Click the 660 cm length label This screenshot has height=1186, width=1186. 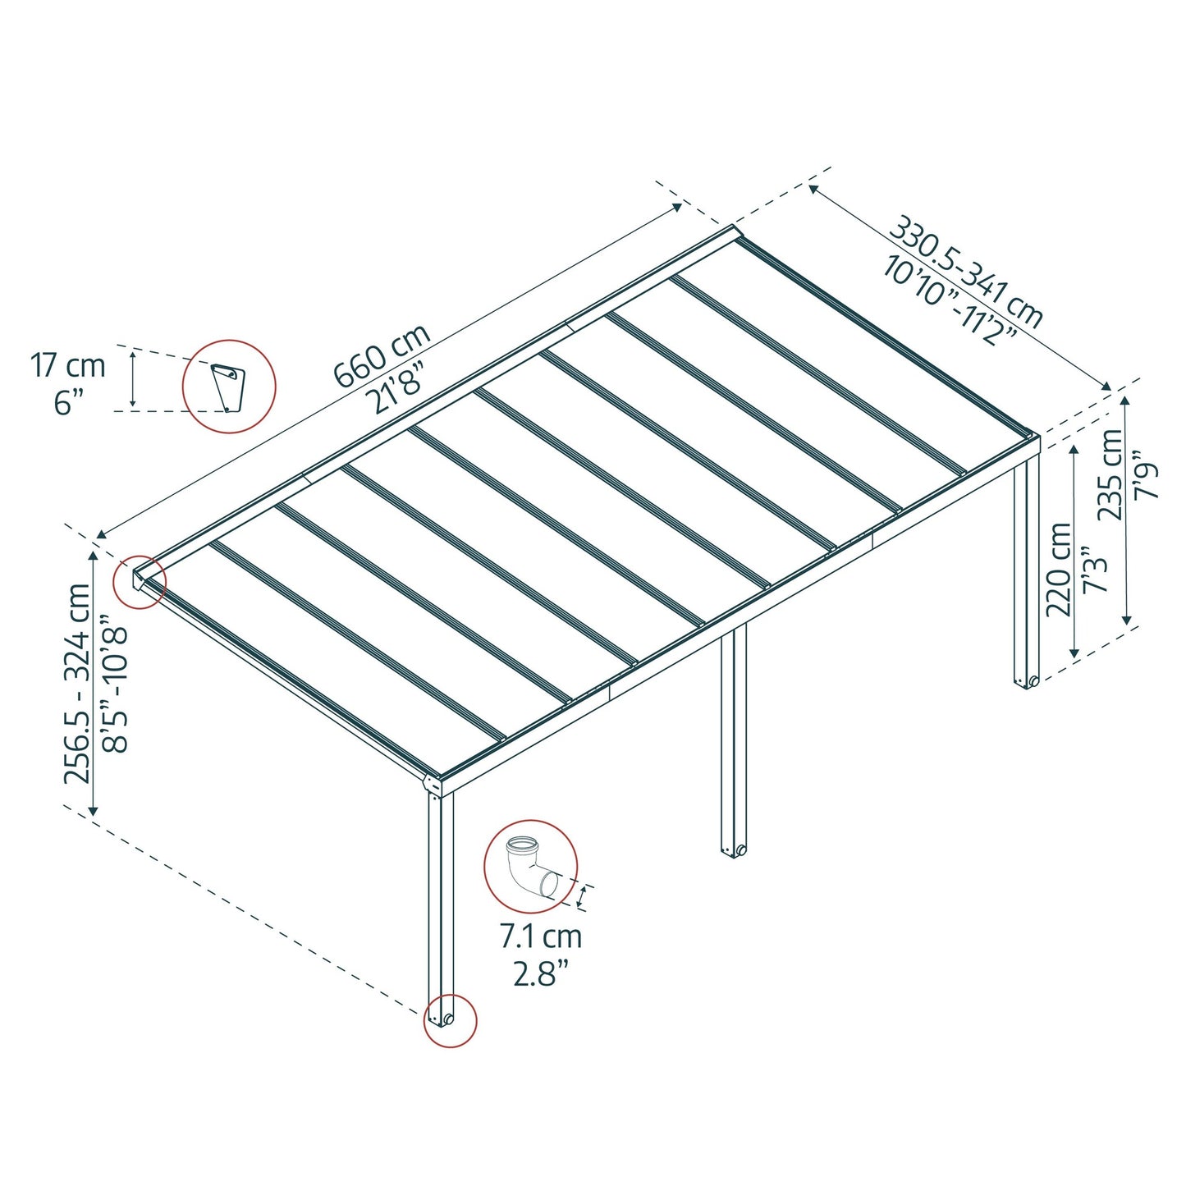382,356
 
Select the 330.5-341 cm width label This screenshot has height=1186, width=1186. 966,272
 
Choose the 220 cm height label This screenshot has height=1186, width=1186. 1059,569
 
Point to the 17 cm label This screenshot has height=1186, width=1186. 68,366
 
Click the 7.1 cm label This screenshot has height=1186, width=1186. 541,936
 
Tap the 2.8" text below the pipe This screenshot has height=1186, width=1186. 541,973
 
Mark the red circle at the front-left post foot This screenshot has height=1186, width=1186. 449,1020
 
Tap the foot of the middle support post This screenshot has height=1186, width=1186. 734,850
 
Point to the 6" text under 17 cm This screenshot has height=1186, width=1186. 69,402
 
